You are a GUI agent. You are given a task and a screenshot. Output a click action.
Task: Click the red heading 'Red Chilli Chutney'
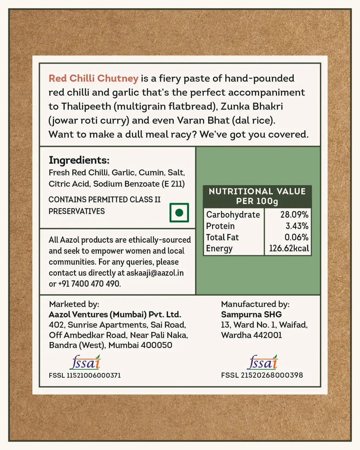coord(93,78)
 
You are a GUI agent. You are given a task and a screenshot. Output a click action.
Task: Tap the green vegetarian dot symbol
coord(179,212)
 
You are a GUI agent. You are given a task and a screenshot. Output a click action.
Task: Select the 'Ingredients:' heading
coord(79,160)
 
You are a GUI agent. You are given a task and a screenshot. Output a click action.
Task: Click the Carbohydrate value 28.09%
coord(294,215)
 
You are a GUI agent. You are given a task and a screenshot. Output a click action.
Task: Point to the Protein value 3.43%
coord(297,226)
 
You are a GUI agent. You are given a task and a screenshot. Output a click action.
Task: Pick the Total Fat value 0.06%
coord(296,237)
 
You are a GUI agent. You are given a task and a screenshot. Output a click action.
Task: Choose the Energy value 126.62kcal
coord(289,248)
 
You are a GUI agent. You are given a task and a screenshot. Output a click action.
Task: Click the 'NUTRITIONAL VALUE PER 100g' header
coord(257,196)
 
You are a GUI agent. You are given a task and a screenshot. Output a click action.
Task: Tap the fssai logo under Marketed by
coord(85,363)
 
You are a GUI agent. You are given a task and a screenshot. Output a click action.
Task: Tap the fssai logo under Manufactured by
coord(262,363)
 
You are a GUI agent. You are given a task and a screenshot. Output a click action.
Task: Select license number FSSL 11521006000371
coord(85,375)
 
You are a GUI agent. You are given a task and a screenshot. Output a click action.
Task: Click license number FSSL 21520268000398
coord(262,375)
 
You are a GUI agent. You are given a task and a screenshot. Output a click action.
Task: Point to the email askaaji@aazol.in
coord(155,273)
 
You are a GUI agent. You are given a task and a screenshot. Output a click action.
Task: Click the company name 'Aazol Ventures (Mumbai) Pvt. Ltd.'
coord(115,314)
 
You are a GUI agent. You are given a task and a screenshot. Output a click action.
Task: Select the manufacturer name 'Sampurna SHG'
coord(251,314)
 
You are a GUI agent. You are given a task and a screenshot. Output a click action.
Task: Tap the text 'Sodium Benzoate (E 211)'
coord(139,184)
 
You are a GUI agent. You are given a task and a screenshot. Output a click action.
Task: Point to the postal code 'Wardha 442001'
coord(251,335)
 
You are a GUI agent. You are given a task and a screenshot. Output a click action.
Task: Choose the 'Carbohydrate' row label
coord(233,215)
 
